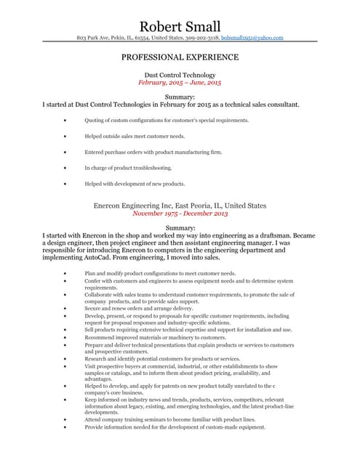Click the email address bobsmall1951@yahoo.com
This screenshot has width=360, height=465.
(252, 37)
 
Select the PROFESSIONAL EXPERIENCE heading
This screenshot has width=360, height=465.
(180, 57)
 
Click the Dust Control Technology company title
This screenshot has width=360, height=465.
(180, 75)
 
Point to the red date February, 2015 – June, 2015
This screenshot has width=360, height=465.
(180, 83)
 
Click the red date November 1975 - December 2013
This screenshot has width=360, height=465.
(180, 214)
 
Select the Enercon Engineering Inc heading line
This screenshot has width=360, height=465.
(180, 206)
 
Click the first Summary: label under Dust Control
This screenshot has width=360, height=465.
(180, 97)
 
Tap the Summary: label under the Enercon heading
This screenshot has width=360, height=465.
(180, 228)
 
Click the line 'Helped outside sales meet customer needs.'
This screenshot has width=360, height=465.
(135, 136)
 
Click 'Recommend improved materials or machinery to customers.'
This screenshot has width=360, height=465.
(156, 337)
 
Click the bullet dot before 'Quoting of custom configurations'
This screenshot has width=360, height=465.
(66, 120)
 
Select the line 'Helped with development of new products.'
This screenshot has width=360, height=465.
(135, 184)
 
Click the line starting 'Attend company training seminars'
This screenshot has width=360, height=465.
(169, 420)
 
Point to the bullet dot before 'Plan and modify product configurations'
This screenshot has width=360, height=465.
(66, 273)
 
